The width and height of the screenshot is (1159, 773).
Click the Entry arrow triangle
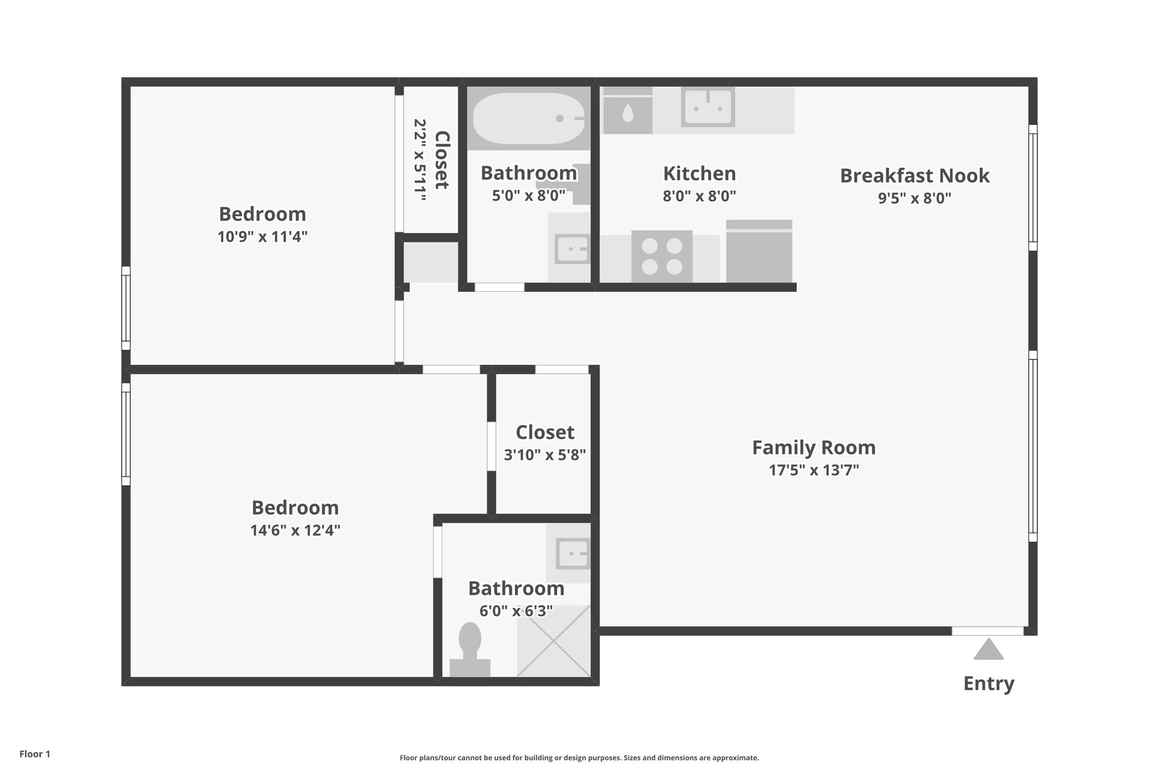click(x=988, y=651)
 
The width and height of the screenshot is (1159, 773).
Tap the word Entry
click(x=988, y=683)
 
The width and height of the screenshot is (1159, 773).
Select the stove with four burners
click(x=662, y=256)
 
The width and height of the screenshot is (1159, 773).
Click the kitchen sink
click(x=707, y=107)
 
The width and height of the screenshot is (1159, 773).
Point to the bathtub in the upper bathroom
click(x=528, y=118)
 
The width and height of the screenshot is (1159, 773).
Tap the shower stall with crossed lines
click(x=553, y=641)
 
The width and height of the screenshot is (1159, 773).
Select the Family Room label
click(x=813, y=447)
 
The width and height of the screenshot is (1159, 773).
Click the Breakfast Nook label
click(x=914, y=176)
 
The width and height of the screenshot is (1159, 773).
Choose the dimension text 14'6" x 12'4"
click(x=295, y=530)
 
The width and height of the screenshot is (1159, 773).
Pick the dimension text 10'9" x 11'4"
click(x=262, y=236)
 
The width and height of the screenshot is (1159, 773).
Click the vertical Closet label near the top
click(x=442, y=160)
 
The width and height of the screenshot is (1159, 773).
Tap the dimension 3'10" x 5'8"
click(x=544, y=455)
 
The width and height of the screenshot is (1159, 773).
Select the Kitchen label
click(x=699, y=173)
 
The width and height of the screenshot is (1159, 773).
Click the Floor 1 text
click(x=34, y=754)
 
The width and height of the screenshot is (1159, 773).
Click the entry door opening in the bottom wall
click(x=988, y=631)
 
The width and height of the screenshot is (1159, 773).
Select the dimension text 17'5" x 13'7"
click(x=813, y=470)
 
